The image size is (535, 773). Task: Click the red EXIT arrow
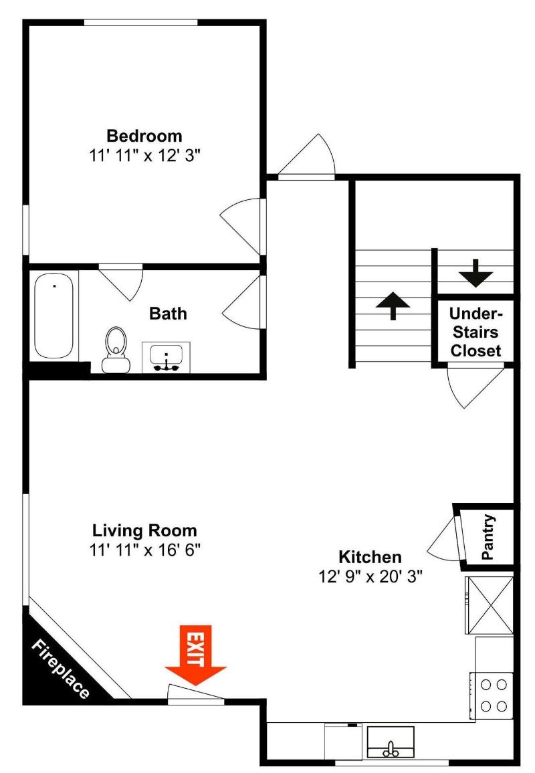[x=195, y=655]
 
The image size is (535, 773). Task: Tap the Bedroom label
[x=144, y=136]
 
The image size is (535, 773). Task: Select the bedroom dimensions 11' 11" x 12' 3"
[x=144, y=156]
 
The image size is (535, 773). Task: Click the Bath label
[x=168, y=314]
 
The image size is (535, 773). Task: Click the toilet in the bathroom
[x=115, y=349]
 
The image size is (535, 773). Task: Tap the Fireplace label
[x=61, y=669]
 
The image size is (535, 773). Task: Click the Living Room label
[x=144, y=530]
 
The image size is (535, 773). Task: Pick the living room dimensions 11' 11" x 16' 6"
[x=144, y=550]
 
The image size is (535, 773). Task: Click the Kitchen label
[x=370, y=557]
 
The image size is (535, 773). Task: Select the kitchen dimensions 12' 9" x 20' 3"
[x=370, y=576]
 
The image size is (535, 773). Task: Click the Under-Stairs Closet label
[x=475, y=332]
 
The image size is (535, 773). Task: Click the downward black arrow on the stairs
[x=475, y=273]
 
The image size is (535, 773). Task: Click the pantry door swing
[x=444, y=539]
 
